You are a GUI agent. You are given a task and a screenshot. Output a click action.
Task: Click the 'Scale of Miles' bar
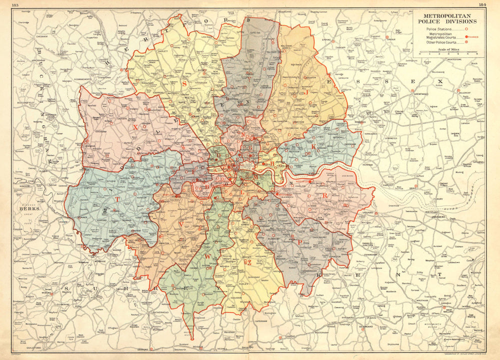pos(447,52)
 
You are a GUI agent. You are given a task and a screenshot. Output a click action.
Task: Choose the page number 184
pos(482,4)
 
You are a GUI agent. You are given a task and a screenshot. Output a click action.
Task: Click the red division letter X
pos(135,127)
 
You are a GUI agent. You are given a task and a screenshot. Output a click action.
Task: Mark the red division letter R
pos(325,195)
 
